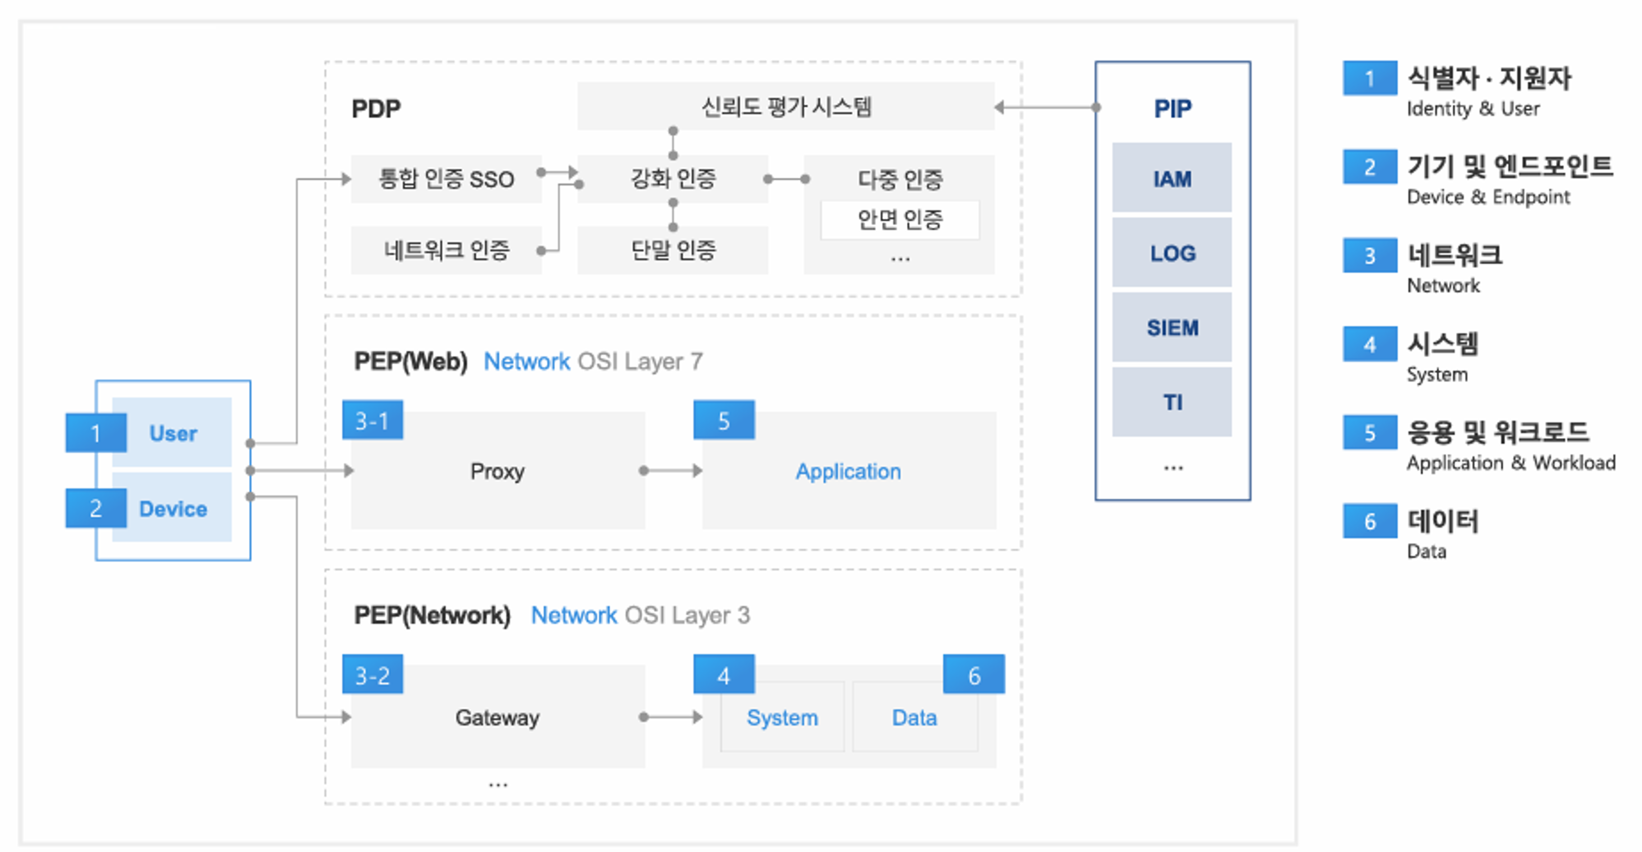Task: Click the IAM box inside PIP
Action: tap(1172, 177)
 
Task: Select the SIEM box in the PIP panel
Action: tap(1172, 327)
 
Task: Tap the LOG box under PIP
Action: tap(1172, 253)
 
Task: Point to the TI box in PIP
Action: tap(1172, 402)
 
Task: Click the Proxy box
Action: tap(498, 471)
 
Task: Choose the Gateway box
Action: tap(498, 717)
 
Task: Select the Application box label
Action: tap(848, 471)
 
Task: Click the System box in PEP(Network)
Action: tap(782, 717)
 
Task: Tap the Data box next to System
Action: tap(915, 717)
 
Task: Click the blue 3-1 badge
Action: tap(372, 420)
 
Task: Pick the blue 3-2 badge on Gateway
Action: tap(372, 674)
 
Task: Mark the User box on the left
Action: tap(172, 432)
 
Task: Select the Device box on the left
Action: tap(172, 508)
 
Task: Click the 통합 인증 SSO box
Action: tap(446, 178)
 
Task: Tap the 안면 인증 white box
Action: tap(900, 220)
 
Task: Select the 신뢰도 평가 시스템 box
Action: tap(786, 106)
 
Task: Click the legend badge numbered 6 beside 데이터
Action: tap(1370, 521)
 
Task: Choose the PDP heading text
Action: tap(376, 109)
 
